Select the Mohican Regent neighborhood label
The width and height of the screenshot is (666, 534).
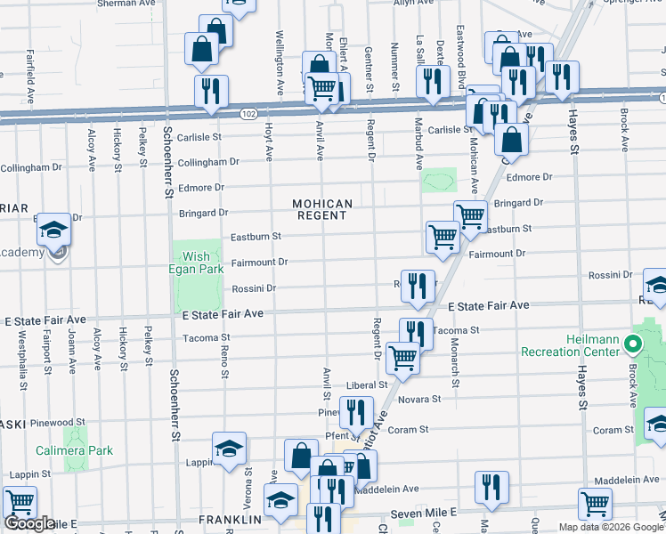click(322, 210)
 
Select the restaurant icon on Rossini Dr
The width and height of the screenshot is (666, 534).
click(418, 285)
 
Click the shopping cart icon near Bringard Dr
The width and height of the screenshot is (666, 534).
click(470, 215)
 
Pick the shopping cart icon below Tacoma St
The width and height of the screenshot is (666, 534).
click(403, 357)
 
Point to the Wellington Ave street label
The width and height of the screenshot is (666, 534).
click(279, 53)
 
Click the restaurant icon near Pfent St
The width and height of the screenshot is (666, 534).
click(355, 411)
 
